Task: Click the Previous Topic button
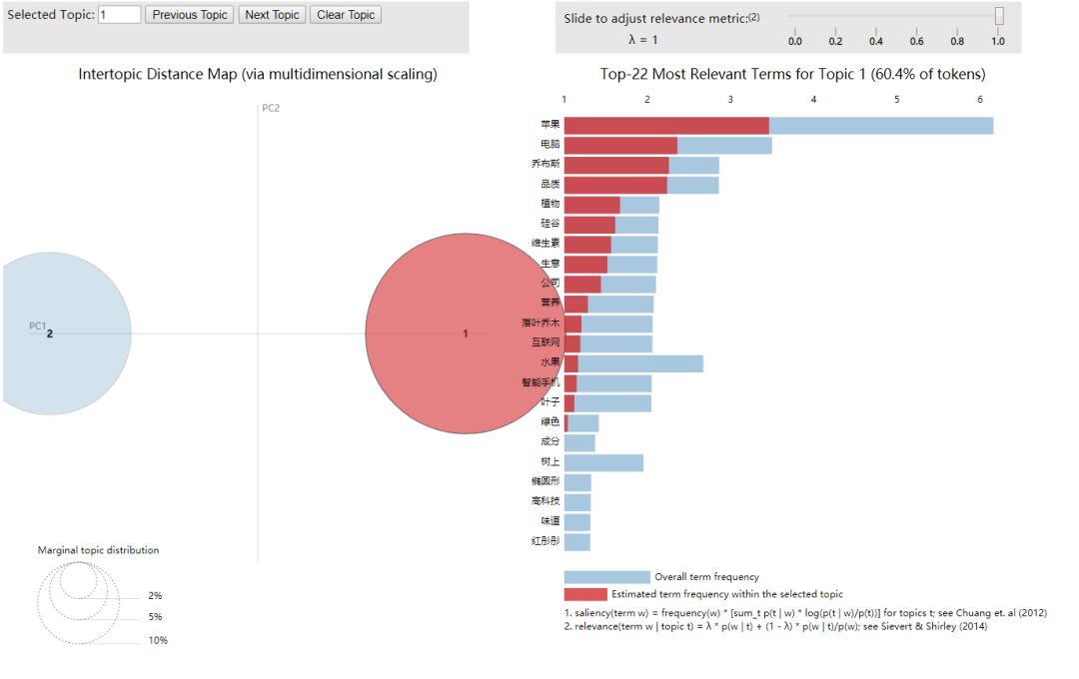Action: [x=190, y=15]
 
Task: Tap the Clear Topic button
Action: [x=346, y=15]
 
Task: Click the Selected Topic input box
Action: [x=119, y=15]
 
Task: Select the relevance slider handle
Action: [x=999, y=16]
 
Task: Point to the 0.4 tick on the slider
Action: [x=876, y=41]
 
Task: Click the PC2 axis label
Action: [x=271, y=108]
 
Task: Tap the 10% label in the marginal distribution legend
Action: [x=158, y=641]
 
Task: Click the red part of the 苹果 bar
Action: [x=666, y=125]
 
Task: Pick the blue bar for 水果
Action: [x=640, y=363]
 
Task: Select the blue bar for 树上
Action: [x=603, y=462]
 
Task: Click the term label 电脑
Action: [x=548, y=145]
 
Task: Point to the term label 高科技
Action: [x=545, y=502]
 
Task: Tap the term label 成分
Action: [x=548, y=442]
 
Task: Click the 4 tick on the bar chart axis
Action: [x=813, y=99]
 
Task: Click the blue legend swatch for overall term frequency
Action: [x=606, y=577]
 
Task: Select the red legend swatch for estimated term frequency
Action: [x=584, y=594]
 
